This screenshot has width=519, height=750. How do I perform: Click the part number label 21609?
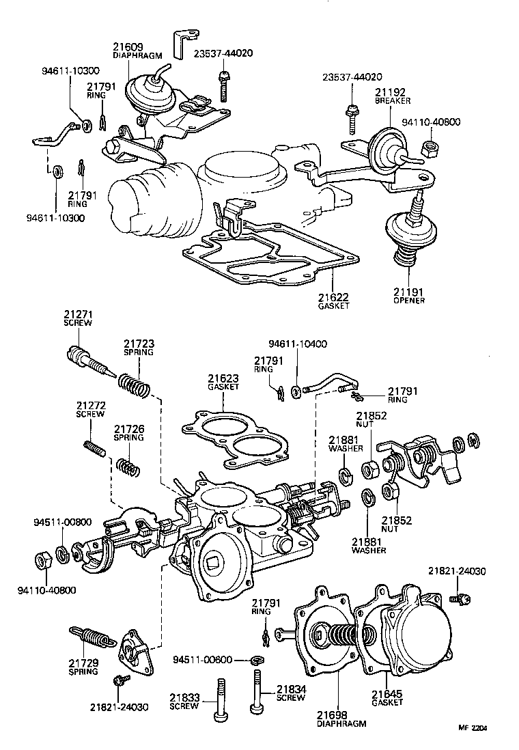pyautogui.click(x=128, y=47)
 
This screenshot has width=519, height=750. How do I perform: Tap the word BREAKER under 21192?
pyautogui.click(x=392, y=100)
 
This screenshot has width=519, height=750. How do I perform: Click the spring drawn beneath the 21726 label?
pyautogui.click(x=126, y=467)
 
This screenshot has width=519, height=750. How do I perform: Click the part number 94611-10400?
pyautogui.click(x=298, y=344)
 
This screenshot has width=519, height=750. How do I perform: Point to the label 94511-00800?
pyautogui.click(x=61, y=523)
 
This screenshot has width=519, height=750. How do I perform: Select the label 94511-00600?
pyautogui.click(x=203, y=660)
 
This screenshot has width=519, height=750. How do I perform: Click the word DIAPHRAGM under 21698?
pyautogui.click(x=341, y=723)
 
